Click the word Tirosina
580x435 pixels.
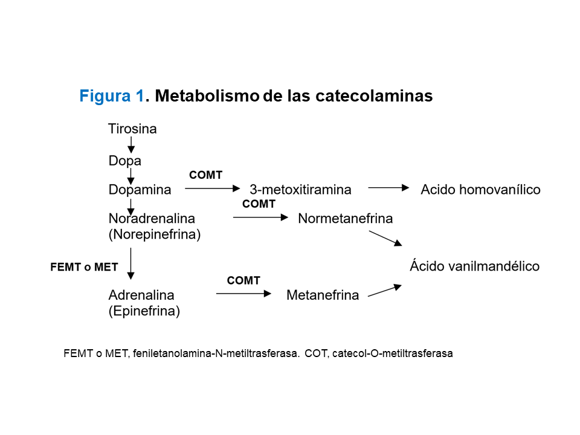pos(132,129)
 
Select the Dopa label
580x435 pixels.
pos(124,161)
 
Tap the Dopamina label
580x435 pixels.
pos(140,190)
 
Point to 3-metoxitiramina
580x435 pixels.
pos(300,190)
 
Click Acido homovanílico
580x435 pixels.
pos(480,190)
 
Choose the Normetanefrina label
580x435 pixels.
pos(345,218)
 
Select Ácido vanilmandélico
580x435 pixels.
pos(474,266)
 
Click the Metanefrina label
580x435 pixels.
pos(323,295)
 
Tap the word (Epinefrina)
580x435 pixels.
pos(144,312)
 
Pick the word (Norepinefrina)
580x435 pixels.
pos(154,234)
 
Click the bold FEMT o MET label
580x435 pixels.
pos(84,267)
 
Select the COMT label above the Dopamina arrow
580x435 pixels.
pos(205,175)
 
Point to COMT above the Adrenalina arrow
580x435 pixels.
pos(243,280)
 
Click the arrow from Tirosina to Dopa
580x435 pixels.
pos(131,145)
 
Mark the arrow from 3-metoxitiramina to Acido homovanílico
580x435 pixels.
pos(388,188)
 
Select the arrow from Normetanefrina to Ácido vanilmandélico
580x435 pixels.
pos(385,237)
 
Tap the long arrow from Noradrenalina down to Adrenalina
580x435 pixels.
pos(131,263)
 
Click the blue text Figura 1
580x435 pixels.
pos(112,96)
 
